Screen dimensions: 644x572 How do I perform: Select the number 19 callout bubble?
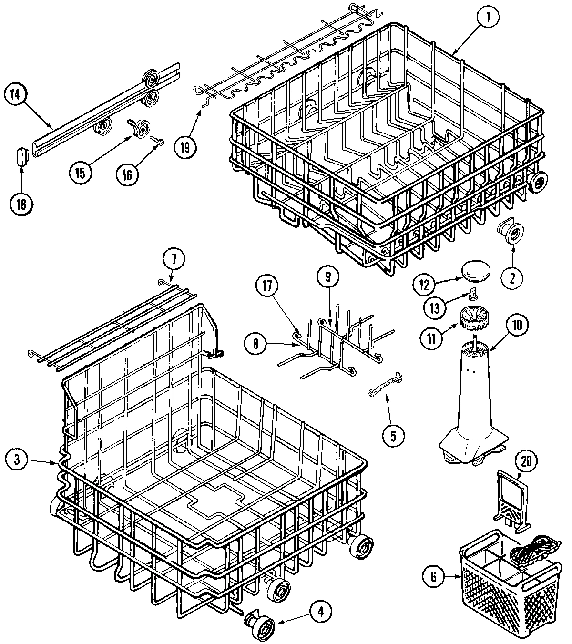(x=184, y=147)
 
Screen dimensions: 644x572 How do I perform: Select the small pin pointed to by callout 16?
(x=159, y=141)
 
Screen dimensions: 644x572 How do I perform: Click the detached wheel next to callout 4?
(x=258, y=623)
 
